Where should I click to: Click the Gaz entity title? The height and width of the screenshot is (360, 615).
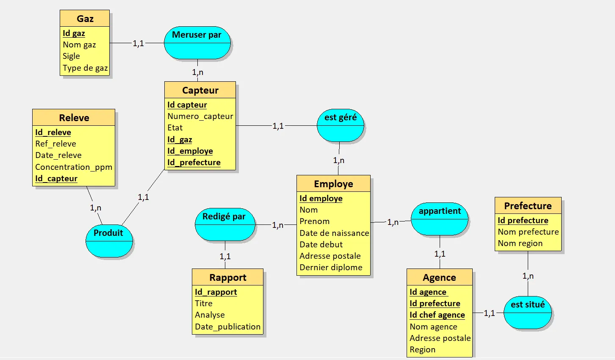[x=85, y=19]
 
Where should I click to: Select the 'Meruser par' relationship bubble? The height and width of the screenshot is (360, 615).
[x=197, y=43]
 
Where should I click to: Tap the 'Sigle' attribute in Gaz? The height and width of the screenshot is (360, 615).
[x=71, y=56]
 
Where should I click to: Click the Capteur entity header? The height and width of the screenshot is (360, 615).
[x=200, y=90]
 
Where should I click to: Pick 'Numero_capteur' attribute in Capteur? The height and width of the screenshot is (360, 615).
[x=200, y=116]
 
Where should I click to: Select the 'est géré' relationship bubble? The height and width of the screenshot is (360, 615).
[x=341, y=125]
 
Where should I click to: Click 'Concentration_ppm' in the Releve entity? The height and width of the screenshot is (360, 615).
[x=74, y=167]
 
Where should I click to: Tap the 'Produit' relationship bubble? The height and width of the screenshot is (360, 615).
[x=109, y=241]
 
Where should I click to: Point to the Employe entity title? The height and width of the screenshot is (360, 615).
[x=333, y=184]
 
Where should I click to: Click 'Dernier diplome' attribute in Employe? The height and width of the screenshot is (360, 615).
[x=331, y=267]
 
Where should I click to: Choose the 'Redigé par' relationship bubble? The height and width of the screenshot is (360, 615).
[x=224, y=224]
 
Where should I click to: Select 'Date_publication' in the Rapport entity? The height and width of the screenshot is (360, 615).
[x=227, y=327]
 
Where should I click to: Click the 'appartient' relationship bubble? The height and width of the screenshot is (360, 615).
[x=440, y=219]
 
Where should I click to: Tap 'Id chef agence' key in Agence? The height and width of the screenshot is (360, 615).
[x=437, y=315]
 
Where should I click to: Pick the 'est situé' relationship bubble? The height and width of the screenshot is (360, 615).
[x=528, y=313]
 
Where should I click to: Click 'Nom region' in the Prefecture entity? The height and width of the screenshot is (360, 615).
[x=520, y=243]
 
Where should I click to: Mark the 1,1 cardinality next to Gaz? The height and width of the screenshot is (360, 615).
[x=138, y=43]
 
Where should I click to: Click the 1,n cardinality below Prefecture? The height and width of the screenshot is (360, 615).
[x=528, y=276]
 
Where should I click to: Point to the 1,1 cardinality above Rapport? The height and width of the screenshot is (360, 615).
[x=225, y=256]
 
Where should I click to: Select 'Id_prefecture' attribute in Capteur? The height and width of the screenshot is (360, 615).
[x=194, y=162]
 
